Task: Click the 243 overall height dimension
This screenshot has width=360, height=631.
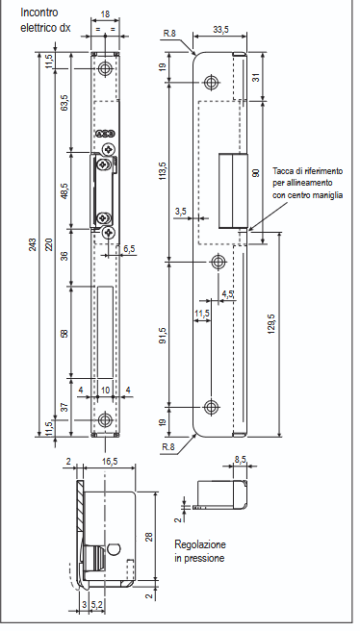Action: tap(33, 244)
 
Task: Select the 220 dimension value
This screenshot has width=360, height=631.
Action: tap(49, 244)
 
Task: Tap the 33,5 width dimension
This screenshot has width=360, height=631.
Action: tap(220, 30)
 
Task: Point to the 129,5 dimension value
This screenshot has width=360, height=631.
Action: tap(271, 324)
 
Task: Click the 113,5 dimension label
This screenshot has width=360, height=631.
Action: tap(163, 170)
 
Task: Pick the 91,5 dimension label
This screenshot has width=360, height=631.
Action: tap(163, 336)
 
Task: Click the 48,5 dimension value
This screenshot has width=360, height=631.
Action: tap(64, 190)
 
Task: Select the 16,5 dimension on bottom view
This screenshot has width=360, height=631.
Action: tap(110, 462)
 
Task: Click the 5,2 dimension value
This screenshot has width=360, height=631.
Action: tap(96, 604)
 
